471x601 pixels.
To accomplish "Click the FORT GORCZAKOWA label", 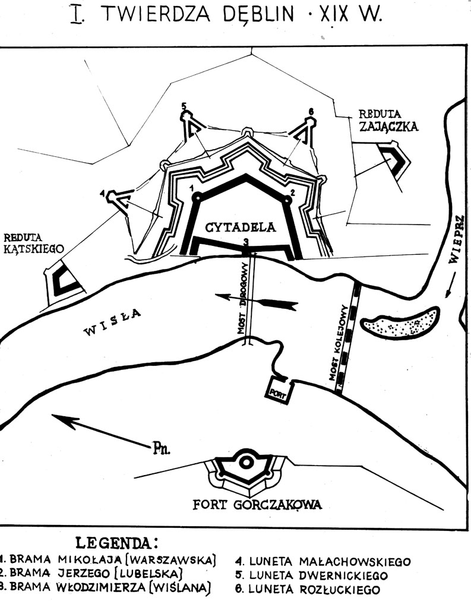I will (257, 505).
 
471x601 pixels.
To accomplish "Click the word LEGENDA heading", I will (116, 543).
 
